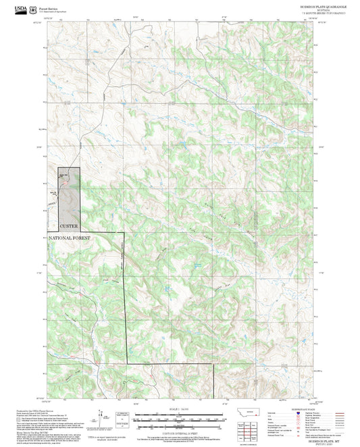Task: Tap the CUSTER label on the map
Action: pos(69,226)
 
